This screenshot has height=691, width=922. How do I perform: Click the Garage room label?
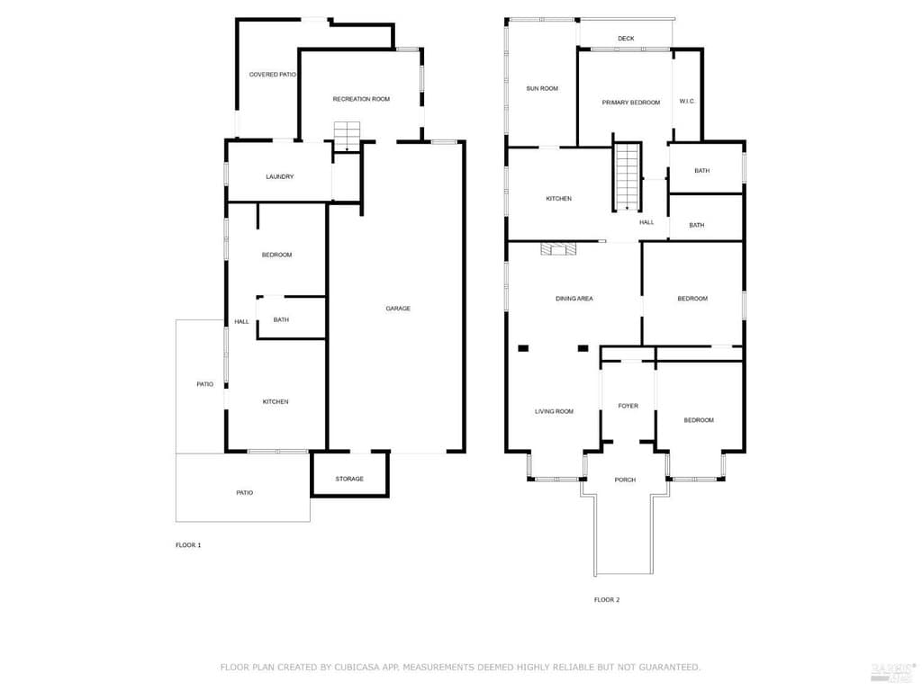pos(398,309)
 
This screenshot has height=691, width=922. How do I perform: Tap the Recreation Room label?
pos(361,99)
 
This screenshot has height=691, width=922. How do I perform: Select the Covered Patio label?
pos(272,75)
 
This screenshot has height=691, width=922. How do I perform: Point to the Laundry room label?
pos(280,177)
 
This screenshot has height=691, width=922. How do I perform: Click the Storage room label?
pos(349,479)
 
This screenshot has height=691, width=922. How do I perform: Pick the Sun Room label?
pos(542,89)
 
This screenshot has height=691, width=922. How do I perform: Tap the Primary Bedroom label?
pos(631,103)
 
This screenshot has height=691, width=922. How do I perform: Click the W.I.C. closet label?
pos(687,102)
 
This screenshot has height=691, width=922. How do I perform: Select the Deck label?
pos(627,39)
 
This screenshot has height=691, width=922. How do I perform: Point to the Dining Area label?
pos(574,299)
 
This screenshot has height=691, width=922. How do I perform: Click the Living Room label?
pos(554,412)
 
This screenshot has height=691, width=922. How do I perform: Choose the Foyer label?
pos(628,406)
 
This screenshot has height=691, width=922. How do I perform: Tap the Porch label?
pos(625,480)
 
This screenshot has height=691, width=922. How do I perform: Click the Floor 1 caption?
pos(188,545)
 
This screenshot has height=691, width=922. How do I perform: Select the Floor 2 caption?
pos(607,600)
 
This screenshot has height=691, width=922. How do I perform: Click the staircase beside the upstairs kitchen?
pos(628,175)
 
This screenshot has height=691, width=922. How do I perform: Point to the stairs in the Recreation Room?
pos(347,137)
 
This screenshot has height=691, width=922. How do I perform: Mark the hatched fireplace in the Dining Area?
pos(558,249)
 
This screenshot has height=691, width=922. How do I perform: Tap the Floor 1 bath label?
pos(281,320)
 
